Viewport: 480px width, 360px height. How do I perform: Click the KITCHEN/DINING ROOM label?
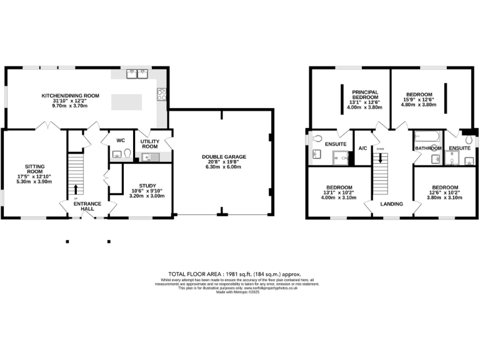71,96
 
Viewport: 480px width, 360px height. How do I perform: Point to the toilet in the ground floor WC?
127,153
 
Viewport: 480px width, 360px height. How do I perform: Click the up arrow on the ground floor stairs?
76,189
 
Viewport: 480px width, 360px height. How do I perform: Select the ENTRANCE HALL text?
87,206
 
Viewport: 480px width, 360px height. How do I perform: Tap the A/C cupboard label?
362,148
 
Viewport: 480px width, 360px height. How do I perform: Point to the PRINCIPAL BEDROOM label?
364,95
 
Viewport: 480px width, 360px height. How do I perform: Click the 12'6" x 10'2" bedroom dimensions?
446,193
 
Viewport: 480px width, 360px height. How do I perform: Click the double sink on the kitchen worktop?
137,75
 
